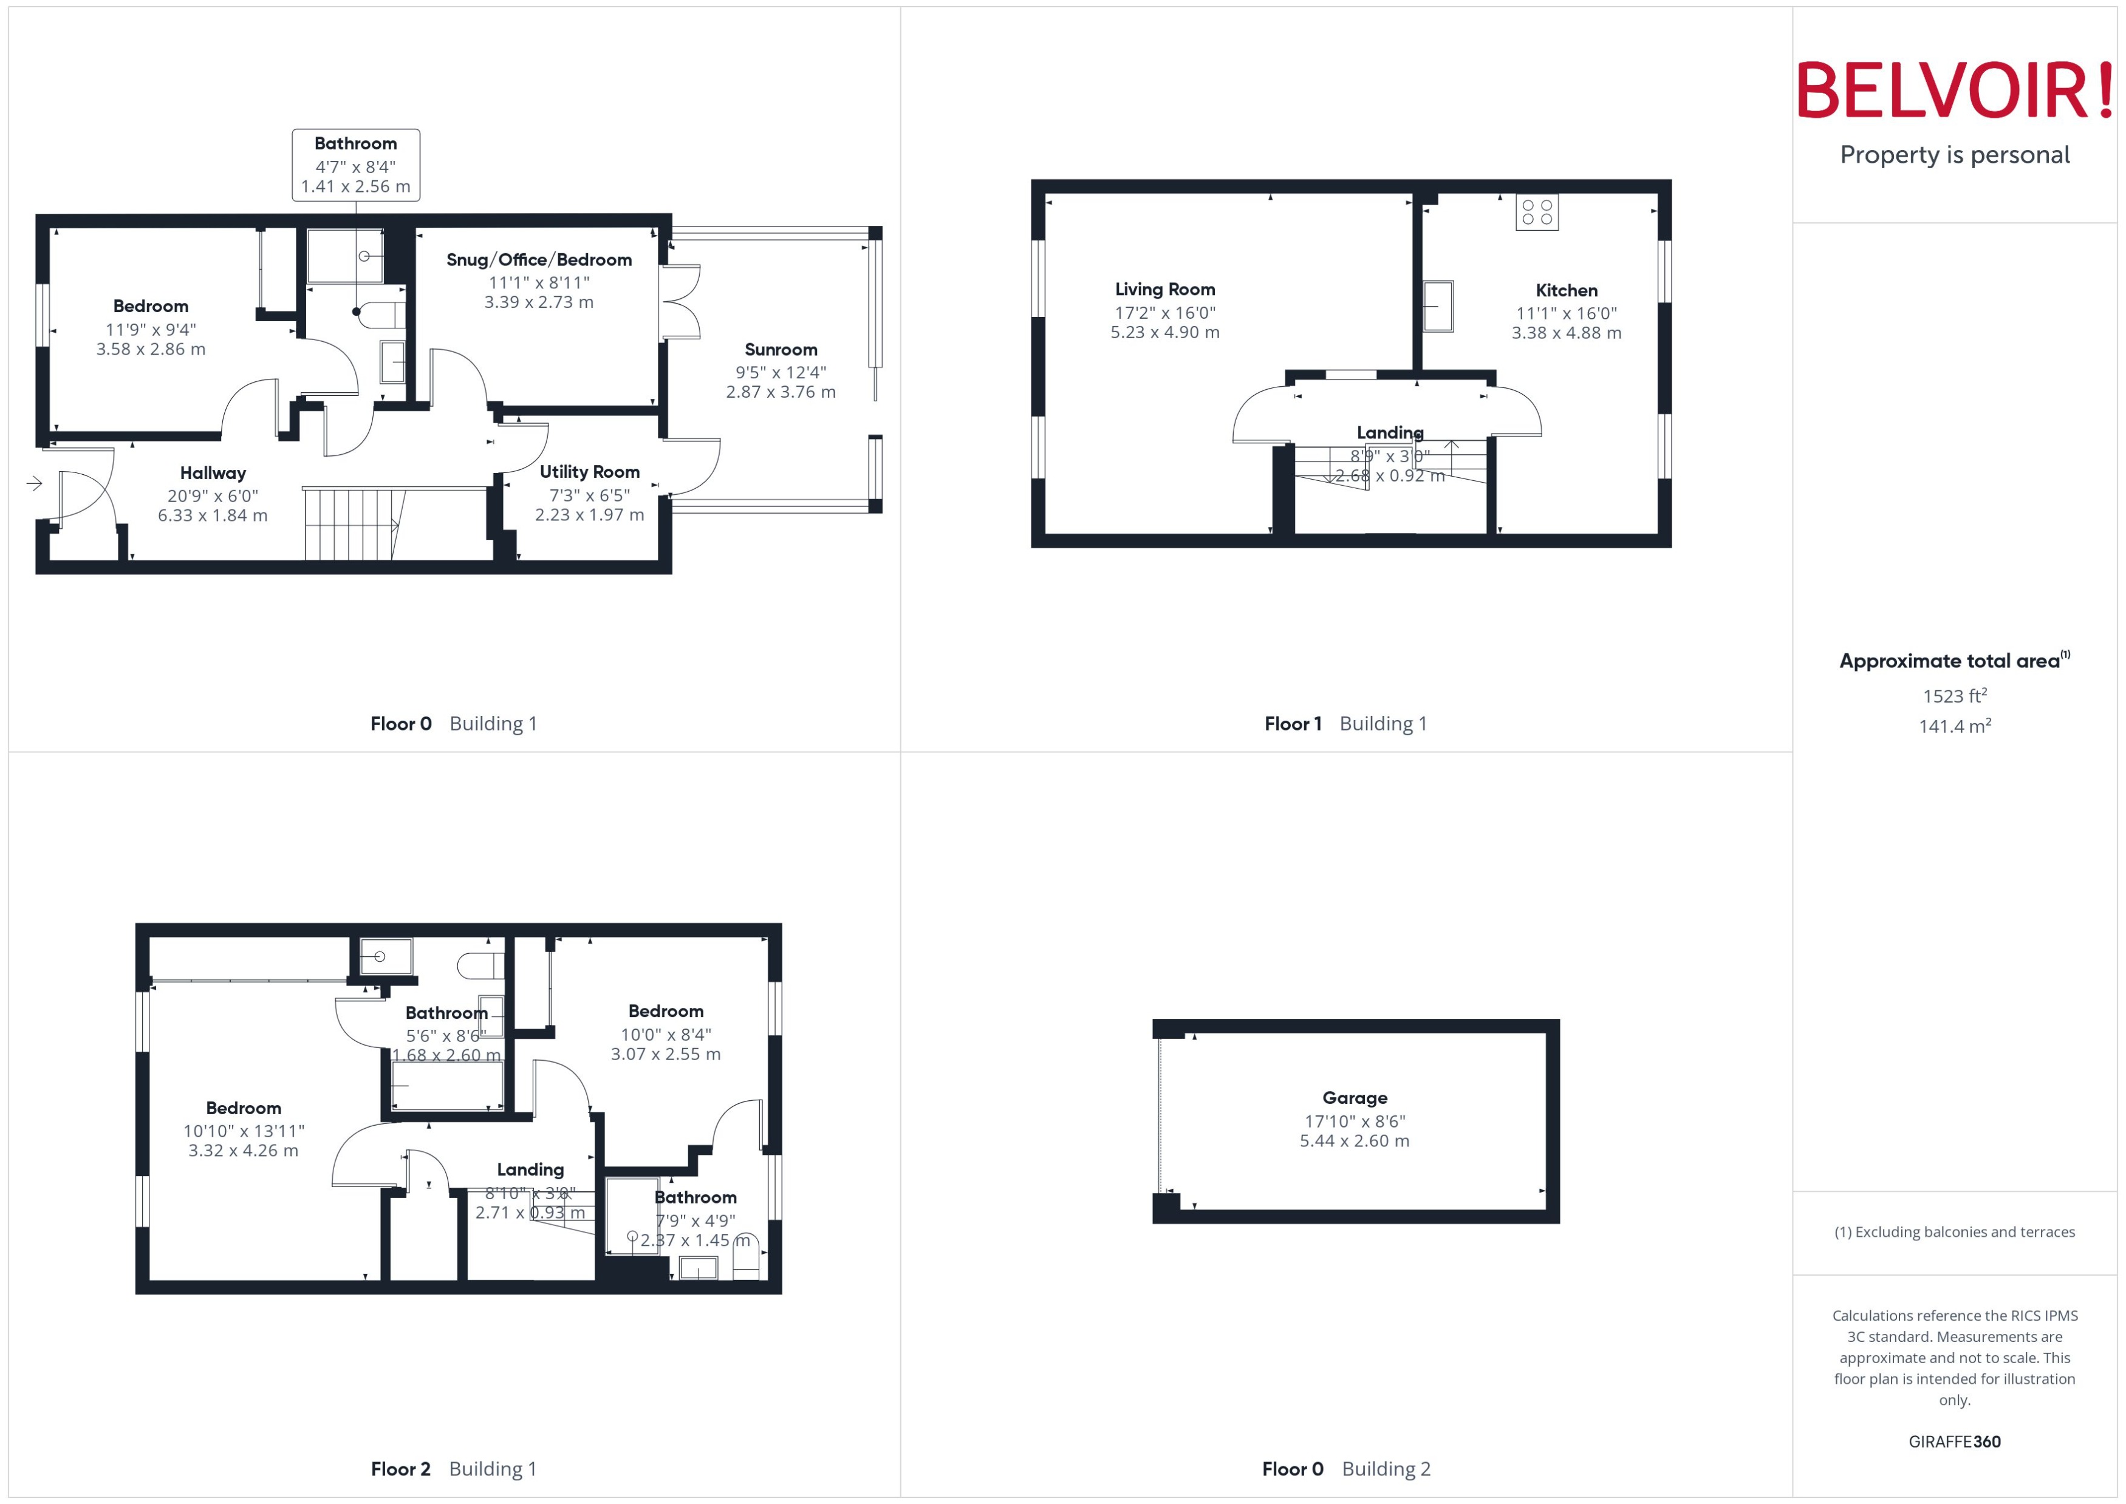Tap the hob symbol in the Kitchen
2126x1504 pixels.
pos(1537,212)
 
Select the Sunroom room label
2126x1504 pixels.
pos(781,349)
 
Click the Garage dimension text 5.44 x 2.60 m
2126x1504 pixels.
pos(1355,1141)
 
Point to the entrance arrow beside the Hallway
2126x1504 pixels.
pos(34,483)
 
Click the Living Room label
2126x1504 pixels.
pos(1164,289)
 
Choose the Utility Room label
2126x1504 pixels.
pos(589,471)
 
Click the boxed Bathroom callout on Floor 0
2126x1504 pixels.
pos(356,165)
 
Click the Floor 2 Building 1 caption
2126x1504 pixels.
pos(453,1469)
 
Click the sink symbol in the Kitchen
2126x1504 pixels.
pos(1438,305)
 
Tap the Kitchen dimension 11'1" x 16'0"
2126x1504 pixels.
pos(1567,313)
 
